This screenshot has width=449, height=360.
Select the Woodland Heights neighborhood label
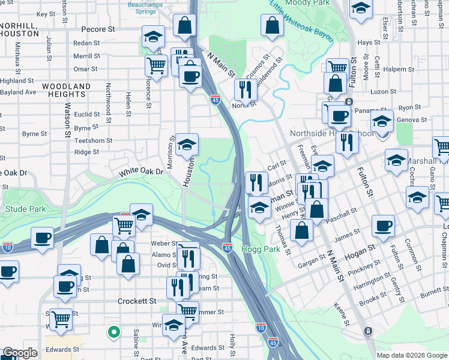(58, 90)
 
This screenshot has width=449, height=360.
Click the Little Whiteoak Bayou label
(301, 23)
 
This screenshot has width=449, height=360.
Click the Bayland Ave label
(18, 92)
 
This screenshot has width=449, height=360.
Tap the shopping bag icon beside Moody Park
(273, 25)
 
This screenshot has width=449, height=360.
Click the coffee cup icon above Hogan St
(382, 226)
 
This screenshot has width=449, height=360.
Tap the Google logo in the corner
(20, 353)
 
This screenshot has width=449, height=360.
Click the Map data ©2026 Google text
(412, 355)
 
